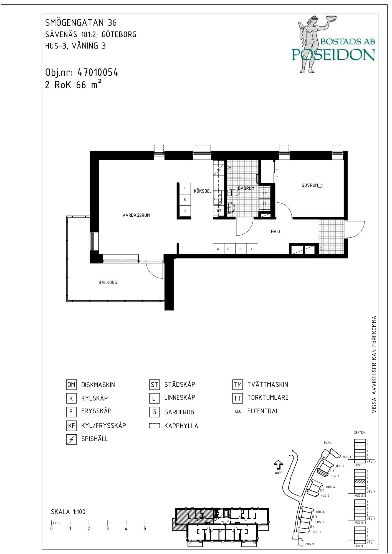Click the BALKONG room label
[108, 283]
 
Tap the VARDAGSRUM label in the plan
[136, 215]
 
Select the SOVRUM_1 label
[312, 186]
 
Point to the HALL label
[276, 232]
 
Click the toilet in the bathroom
[233, 193]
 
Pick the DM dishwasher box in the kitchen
[219, 211]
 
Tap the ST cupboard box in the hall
[229, 249]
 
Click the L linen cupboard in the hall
[252, 249]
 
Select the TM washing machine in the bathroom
[265, 193]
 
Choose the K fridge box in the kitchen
[185, 199]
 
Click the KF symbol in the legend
[71, 426]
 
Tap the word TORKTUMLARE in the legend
[268, 398]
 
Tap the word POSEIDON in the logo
[333, 55]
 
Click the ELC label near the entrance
[321, 249]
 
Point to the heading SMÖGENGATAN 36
[81, 23]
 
